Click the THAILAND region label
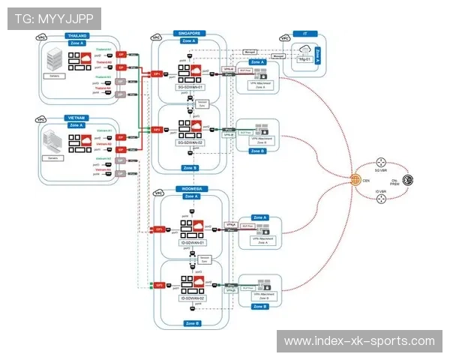point(77,35)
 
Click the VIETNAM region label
point(76,118)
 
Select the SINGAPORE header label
point(190,33)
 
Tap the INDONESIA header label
point(190,189)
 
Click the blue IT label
point(304,34)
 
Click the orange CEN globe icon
point(355,179)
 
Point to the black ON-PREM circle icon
point(408,180)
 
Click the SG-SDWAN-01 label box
point(190,87)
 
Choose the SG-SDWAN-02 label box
point(190,142)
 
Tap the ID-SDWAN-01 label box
point(192,243)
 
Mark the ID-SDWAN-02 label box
point(192,298)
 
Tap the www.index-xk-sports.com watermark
point(359,341)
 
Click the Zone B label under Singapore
point(190,167)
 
